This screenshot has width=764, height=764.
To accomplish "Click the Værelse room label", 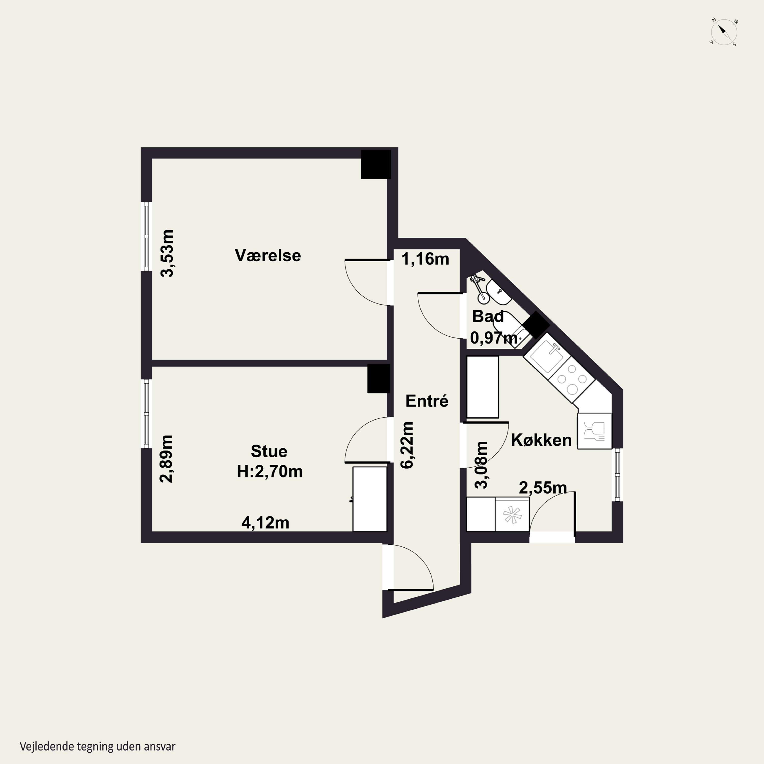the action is pyautogui.click(x=268, y=255).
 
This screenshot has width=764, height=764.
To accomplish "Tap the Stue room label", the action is pyautogui.click(x=269, y=451).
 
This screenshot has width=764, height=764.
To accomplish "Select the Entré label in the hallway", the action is pyautogui.click(x=427, y=401).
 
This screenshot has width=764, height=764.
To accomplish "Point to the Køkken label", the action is pyautogui.click(x=541, y=440).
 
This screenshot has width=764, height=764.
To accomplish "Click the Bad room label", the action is pyautogui.click(x=488, y=316).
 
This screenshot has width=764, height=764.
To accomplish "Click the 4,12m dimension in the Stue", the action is pyautogui.click(x=265, y=523).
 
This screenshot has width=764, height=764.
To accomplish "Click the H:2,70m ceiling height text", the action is pyautogui.click(x=270, y=471).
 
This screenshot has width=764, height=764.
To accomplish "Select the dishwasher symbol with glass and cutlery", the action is pyautogui.click(x=594, y=431).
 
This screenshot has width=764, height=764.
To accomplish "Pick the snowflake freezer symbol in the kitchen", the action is pyautogui.click(x=512, y=514).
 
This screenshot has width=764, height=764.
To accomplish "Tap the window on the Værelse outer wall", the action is pyautogui.click(x=146, y=237).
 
